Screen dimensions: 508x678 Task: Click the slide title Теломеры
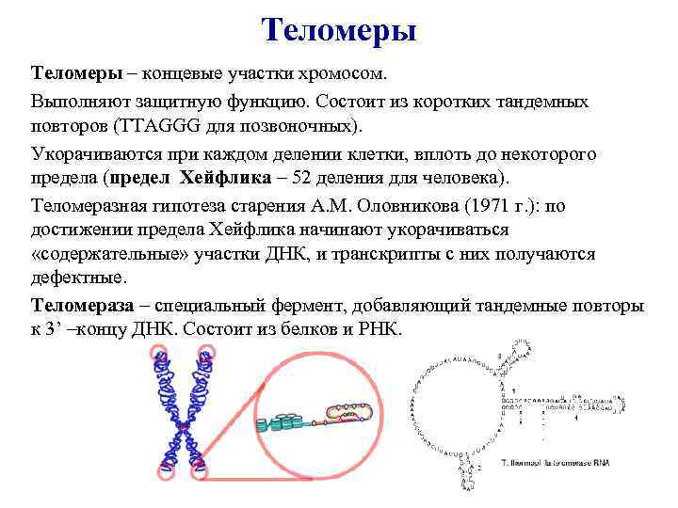[x=339, y=30]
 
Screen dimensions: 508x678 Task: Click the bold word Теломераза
[x=80, y=306]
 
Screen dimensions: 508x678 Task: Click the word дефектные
[x=78, y=279]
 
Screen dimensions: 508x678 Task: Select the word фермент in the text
[x=363, y=306]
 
